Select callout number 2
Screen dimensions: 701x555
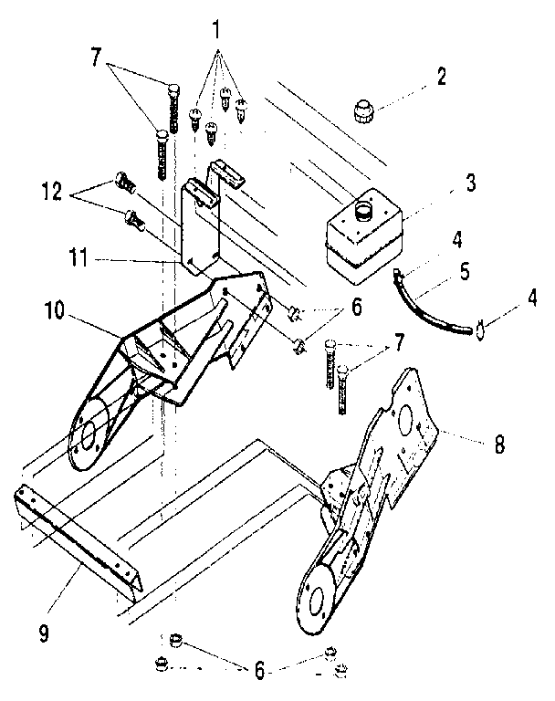[442, 76]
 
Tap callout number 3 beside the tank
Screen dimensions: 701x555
[470, 182]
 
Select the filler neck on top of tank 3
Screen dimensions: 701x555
[362, 211]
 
